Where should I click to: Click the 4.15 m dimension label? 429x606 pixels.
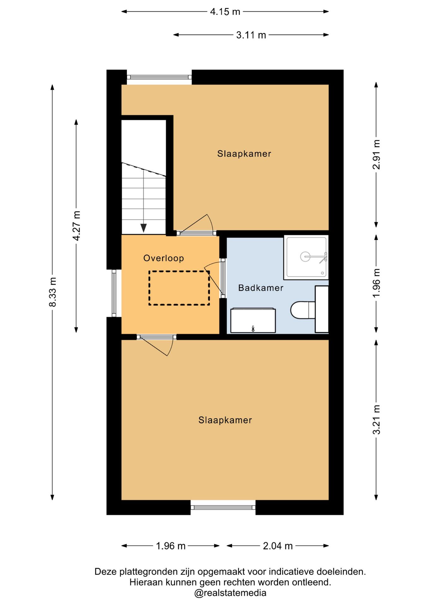pos(225,12)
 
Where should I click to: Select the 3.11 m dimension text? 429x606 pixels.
pos(251,35)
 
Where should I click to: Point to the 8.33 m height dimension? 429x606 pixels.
pos(52,292)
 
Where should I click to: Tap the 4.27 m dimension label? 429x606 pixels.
pos(76,226)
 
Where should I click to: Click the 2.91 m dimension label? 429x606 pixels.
pos(376,154)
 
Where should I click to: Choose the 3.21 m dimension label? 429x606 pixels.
pos(376,419)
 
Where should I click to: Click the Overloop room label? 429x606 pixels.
pos(164,258)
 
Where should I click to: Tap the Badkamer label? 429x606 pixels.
pos(261,288)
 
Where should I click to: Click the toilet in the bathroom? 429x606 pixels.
pos(303,310)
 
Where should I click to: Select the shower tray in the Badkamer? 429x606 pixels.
pos(306,257)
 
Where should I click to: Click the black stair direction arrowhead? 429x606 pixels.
pos(144,228)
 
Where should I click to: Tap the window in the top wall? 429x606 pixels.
pos(159,77)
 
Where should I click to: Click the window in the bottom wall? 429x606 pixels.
pos(223,507)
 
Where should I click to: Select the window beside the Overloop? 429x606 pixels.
pos(114,293)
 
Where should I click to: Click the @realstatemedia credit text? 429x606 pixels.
pos(230,593)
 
